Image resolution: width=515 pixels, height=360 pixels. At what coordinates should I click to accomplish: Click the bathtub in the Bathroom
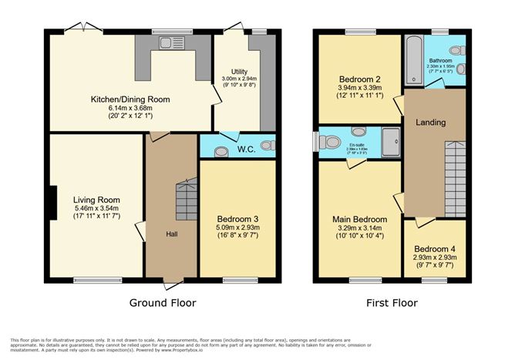point(413,62)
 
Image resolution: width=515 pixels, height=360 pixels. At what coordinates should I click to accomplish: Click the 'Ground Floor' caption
point(162,303)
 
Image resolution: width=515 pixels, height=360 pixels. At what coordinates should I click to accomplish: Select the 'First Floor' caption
point(392,303)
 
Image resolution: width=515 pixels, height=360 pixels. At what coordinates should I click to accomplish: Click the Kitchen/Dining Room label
point(130,99)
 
